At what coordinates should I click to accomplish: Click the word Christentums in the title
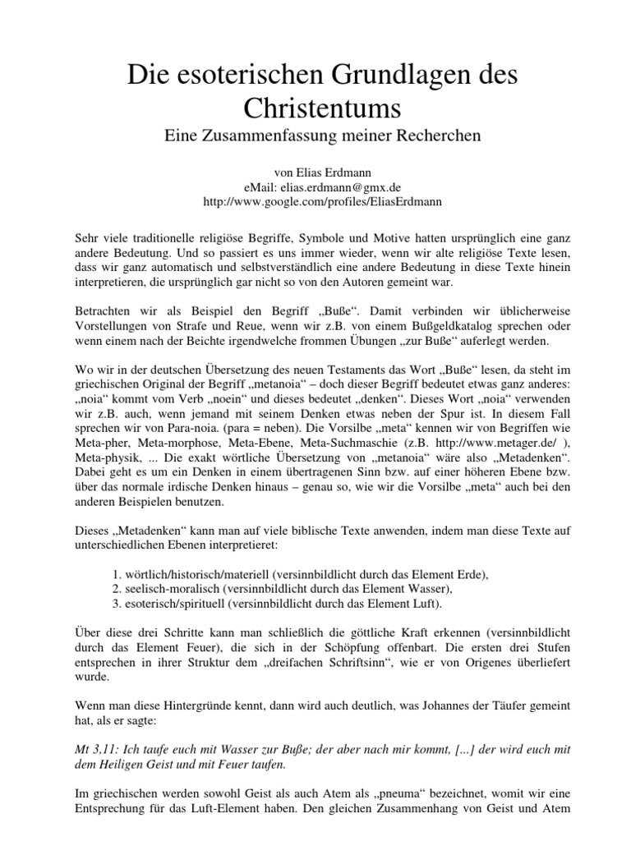click(315, 109)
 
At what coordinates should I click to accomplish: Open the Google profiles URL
click(315, 200)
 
